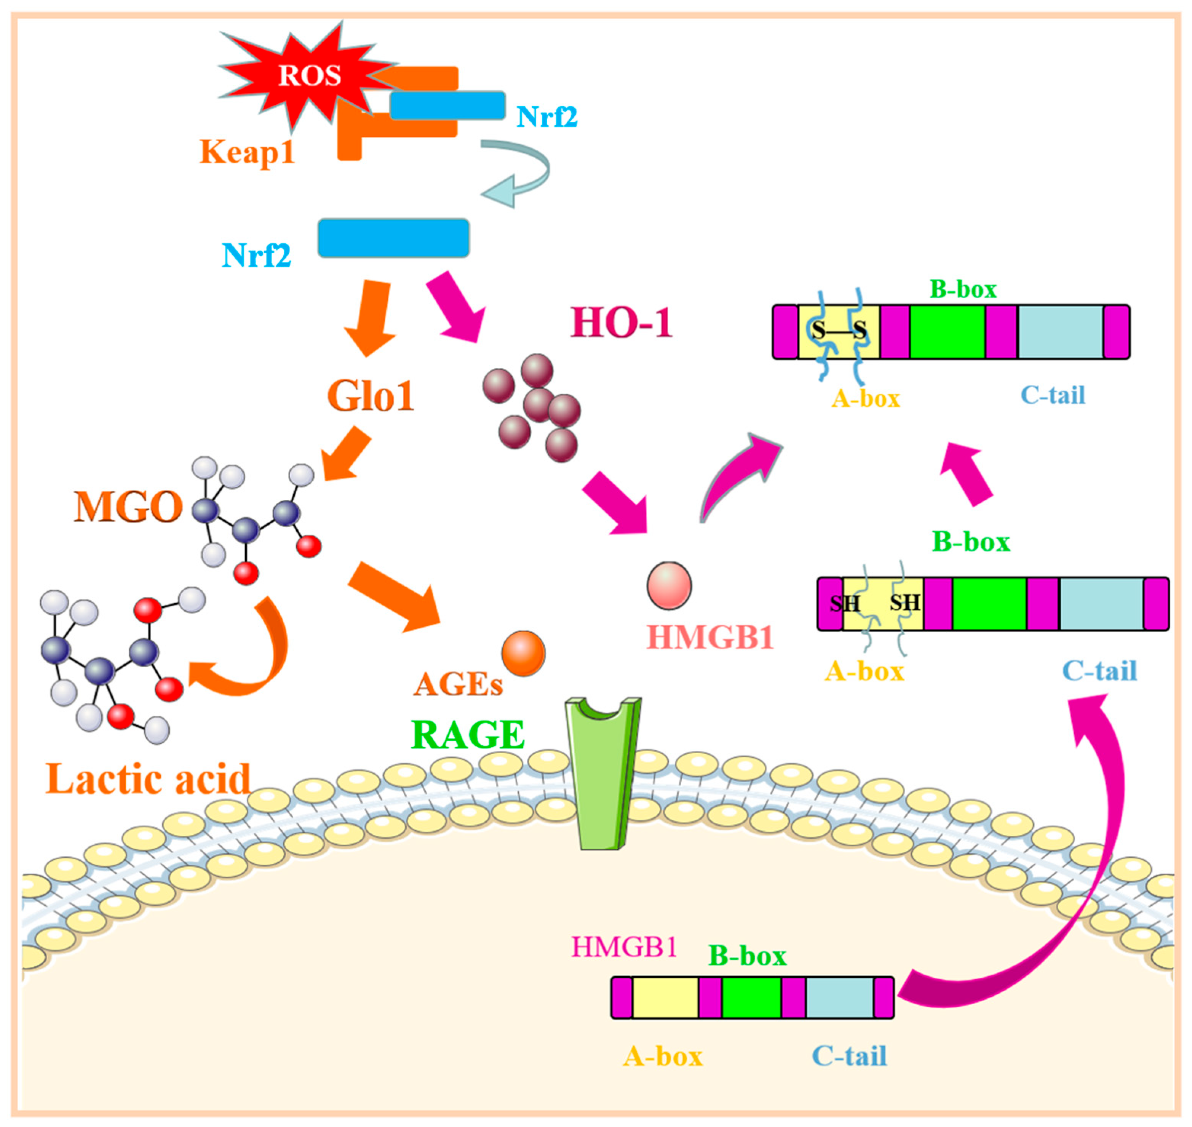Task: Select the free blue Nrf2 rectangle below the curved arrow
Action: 393,238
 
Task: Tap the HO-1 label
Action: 621,323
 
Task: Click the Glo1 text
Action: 371,396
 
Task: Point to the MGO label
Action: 128,507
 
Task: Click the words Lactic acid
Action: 149,779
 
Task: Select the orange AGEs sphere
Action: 523,653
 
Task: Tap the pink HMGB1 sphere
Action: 669,585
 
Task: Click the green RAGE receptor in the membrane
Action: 602,781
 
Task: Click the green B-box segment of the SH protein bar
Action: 989,604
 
